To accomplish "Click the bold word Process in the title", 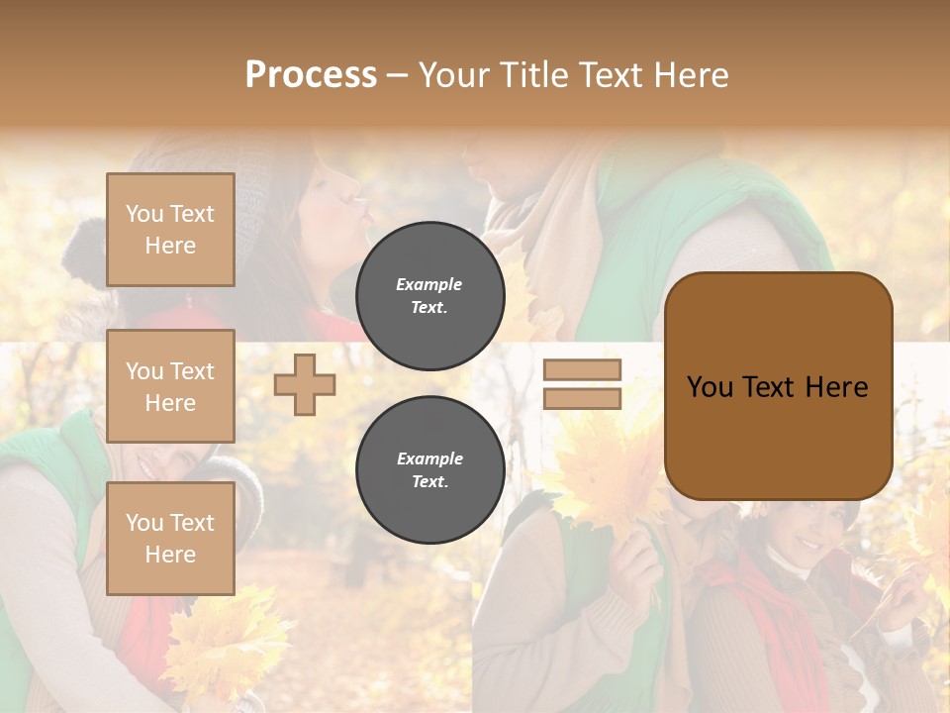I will tap(311, 74).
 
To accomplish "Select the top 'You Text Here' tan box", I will tap(170, 230).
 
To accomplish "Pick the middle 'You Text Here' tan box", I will tap(170, 386).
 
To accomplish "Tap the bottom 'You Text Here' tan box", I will tap(170, 538).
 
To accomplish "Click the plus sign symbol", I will tap(305, 384).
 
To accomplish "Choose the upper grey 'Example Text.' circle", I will tap(429, 295).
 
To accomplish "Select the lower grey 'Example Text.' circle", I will tap(429, 469).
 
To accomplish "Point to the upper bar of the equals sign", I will tap(583, 370).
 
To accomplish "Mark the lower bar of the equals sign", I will tap(583, 398).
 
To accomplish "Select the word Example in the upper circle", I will tap(429, 284).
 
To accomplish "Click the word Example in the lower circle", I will tap(429, 458).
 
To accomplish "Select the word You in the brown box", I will tap(710, 387).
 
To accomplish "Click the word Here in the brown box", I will tap(836, 387).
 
